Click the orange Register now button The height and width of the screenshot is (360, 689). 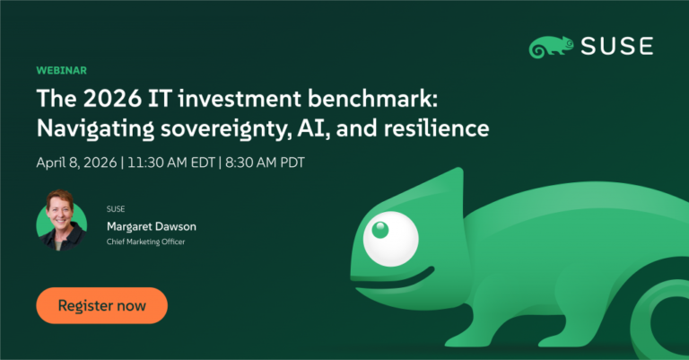101,305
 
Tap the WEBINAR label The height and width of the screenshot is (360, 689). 61,70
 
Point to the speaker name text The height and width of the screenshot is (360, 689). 151,226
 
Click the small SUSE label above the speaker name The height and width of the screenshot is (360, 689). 116,208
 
